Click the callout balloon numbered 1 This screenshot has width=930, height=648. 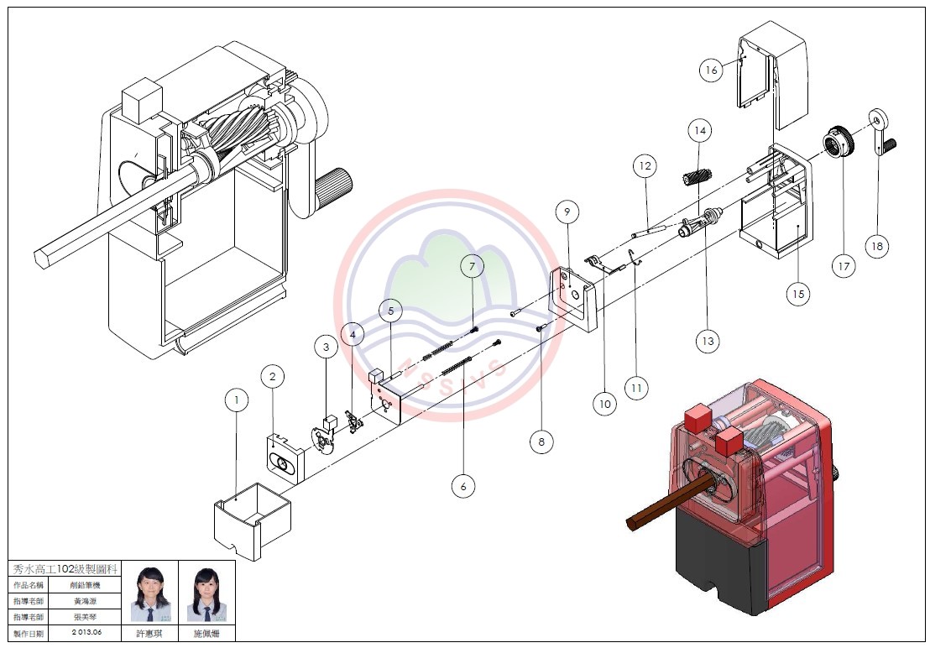(x=238, y=401)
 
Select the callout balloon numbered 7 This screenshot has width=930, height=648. (x=472, y=266)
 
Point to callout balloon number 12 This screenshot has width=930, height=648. (x=645, y=166)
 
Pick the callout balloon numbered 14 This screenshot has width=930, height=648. (x=699, y=131)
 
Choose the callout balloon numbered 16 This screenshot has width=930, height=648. (x=712, y=71)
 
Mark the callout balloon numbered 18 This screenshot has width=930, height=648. (x=877, y=246)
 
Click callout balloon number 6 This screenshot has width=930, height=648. (x=462, y=485)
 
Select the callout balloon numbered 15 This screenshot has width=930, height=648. (x=798, y=293)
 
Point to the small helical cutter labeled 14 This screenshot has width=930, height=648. (x=697, y=178)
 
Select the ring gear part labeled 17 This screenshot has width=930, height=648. (x=838, y=141)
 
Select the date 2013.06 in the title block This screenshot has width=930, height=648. (x=86, y=632)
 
